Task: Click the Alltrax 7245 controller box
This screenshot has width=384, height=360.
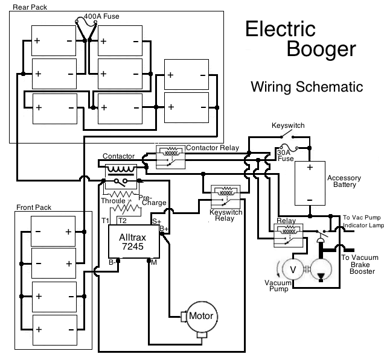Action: click(x=133, y=242)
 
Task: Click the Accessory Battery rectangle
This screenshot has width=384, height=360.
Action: click(x=309, y=184)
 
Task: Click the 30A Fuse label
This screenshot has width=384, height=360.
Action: click(x=286, y=155)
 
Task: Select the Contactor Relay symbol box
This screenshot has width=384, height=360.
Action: click(x=170, y=156)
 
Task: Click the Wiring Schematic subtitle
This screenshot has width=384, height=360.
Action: click(x=307, y=87)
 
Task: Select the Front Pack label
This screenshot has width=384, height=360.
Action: click(x=34, y=207)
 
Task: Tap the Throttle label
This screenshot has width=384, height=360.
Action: click(x=114, y=200)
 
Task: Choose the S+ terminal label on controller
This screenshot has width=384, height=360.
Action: click(x=156, y=221)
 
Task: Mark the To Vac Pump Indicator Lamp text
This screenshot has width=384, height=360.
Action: click(x=363, y=221)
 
